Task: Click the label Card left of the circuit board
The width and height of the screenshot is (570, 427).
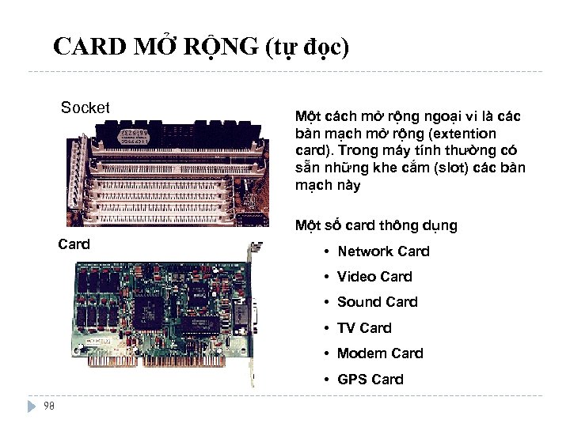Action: click(74, 244)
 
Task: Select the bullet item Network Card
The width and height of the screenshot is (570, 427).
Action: click(383, 251)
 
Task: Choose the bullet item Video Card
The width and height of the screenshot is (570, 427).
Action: click(374, 277)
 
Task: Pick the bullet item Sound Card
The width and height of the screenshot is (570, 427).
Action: click(377, 302)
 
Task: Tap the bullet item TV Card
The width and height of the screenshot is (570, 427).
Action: click(364, 327)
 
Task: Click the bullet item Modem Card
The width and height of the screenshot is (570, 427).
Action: click(380, 353)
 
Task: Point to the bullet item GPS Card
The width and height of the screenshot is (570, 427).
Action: click(370, 380)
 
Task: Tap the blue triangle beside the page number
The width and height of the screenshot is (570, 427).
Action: click(32, 406)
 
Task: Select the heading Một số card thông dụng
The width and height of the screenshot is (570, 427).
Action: click(376, 225)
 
